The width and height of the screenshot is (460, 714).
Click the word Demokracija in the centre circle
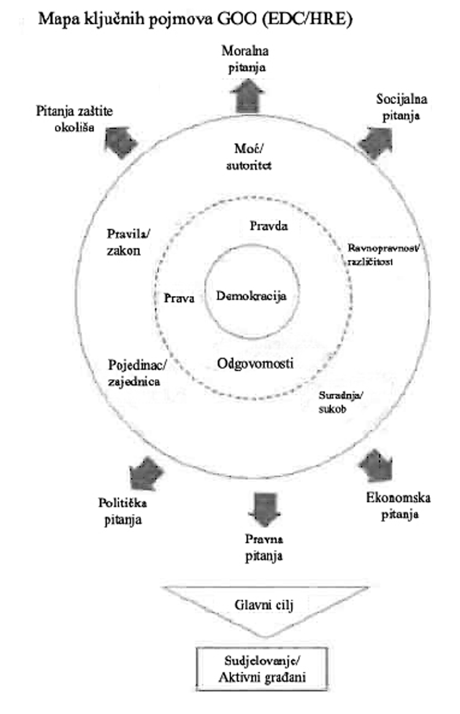point(251,296)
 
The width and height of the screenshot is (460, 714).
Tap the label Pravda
point(269,226)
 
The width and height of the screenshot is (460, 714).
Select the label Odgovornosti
point(255,364)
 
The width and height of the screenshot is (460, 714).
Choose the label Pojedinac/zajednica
point(134,373)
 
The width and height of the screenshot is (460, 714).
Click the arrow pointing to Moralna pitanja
point(246,94)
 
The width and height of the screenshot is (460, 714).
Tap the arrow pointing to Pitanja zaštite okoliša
point(121,139)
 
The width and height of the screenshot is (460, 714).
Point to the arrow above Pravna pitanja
point(265,507)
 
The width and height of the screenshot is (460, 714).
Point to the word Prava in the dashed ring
point(179,299)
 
